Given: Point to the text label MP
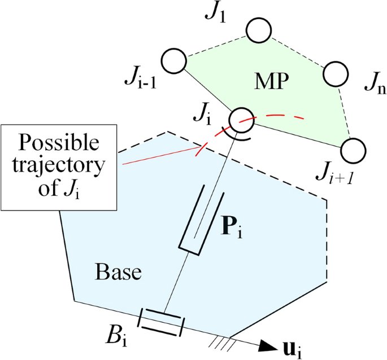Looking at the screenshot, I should point(271,81).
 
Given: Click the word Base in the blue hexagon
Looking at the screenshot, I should point(118,273).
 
